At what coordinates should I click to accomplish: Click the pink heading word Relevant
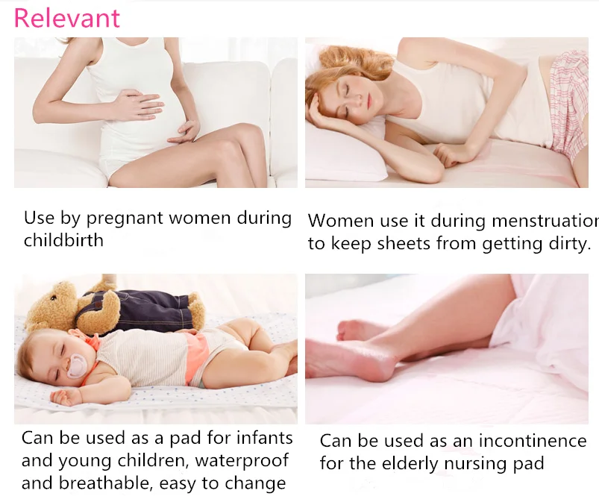(x=67, y=18)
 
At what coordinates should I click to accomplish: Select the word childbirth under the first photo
(x=63, y=241)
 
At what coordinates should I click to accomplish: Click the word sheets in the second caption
(x=405, y=244)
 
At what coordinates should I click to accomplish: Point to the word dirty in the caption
(x=570, y=245)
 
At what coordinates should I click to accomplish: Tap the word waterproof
(x=242, y=460)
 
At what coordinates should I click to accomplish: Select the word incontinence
(x=533, y=441)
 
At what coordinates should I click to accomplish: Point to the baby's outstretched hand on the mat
(x=64, y=397)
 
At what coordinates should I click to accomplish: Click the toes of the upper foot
(x=346, y=330)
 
